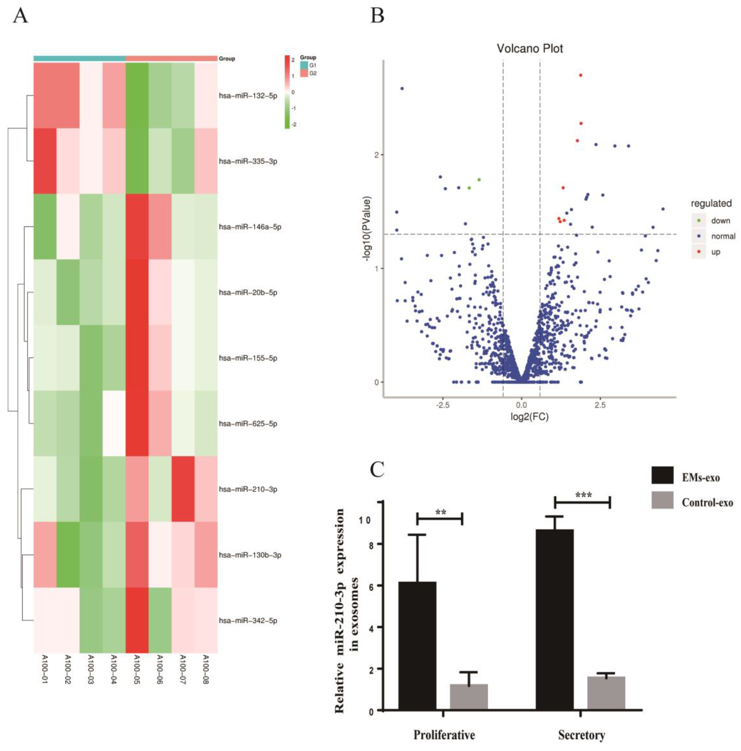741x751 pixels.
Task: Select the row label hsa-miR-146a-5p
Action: point(250,227)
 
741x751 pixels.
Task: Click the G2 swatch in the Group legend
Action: point(304,73)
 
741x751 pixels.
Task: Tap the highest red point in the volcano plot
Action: point(581,75)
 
